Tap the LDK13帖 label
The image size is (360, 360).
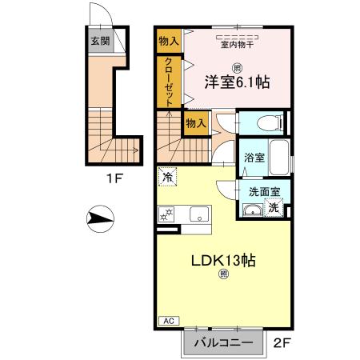pos(224,260)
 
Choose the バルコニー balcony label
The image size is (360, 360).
pos(220,343)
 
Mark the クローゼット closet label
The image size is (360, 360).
pos(170,81)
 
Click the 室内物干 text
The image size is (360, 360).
pos(237,45)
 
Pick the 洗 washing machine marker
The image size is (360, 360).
pos(274,207)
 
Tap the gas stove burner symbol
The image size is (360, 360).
pos(168,214)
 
